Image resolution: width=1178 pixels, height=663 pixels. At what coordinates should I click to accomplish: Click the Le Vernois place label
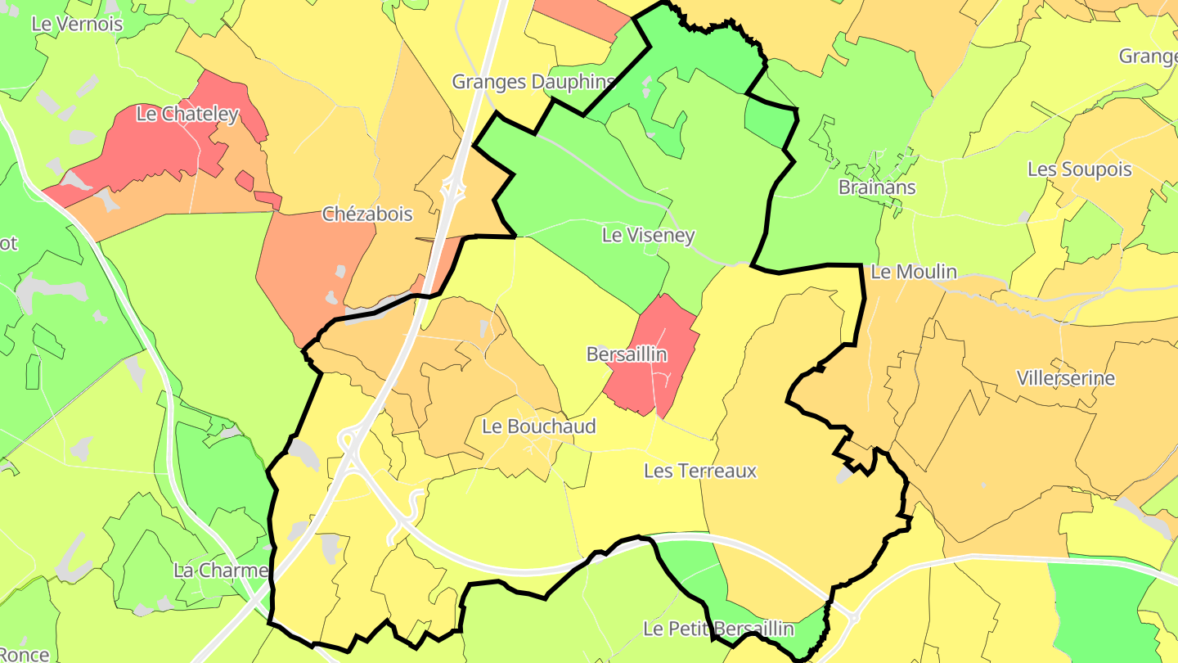point(77,24)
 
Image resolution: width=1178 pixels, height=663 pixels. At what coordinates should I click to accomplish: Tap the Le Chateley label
point(187,114)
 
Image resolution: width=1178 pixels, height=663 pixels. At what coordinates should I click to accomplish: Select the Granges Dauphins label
point(533,82)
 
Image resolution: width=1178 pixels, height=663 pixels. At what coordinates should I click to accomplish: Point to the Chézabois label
point(367,214)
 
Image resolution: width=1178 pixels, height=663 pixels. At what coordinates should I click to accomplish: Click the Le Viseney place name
point(648,236)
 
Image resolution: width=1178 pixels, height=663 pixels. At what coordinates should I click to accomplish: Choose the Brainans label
point(877,187)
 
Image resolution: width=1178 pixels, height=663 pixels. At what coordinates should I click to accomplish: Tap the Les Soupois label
point(1079,169)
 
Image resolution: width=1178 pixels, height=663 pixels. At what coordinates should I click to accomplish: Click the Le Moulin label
point(913,272)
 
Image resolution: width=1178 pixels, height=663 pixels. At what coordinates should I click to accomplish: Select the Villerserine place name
point(1065,378)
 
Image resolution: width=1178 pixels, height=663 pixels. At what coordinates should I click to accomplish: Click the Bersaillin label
point(627,354)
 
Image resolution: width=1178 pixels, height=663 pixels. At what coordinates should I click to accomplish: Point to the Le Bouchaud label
point(539,426)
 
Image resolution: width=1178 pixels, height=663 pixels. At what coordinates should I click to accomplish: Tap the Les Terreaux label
point(700,471)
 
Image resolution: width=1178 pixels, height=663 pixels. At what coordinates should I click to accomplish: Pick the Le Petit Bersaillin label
point(718,629)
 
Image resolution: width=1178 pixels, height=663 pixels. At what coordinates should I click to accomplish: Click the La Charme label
point(221,571)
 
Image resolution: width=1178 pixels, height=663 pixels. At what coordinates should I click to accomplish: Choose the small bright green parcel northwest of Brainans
point(769,119)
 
